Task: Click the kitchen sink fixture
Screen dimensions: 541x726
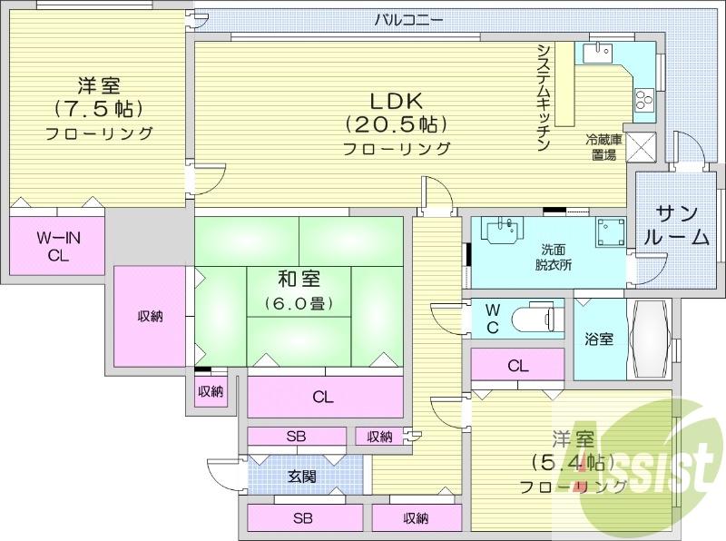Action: [598, 54]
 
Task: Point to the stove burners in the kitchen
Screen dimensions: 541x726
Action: [643, 98]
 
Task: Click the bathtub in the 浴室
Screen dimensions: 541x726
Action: [650, 338]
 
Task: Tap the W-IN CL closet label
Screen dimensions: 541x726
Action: [58, 246]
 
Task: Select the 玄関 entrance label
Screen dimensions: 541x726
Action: [302, 476]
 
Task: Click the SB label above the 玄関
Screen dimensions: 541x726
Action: [296, 437]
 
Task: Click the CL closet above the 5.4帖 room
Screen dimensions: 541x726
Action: [518, 366]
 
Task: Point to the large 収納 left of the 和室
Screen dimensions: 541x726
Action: [150, 316]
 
